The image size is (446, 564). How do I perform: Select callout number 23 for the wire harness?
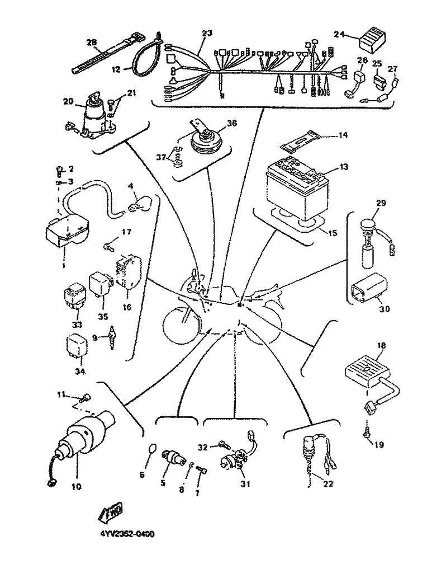coord(207,33)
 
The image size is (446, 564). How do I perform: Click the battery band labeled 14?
coord(301,139)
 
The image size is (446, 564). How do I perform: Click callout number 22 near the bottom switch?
coord(328,484)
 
